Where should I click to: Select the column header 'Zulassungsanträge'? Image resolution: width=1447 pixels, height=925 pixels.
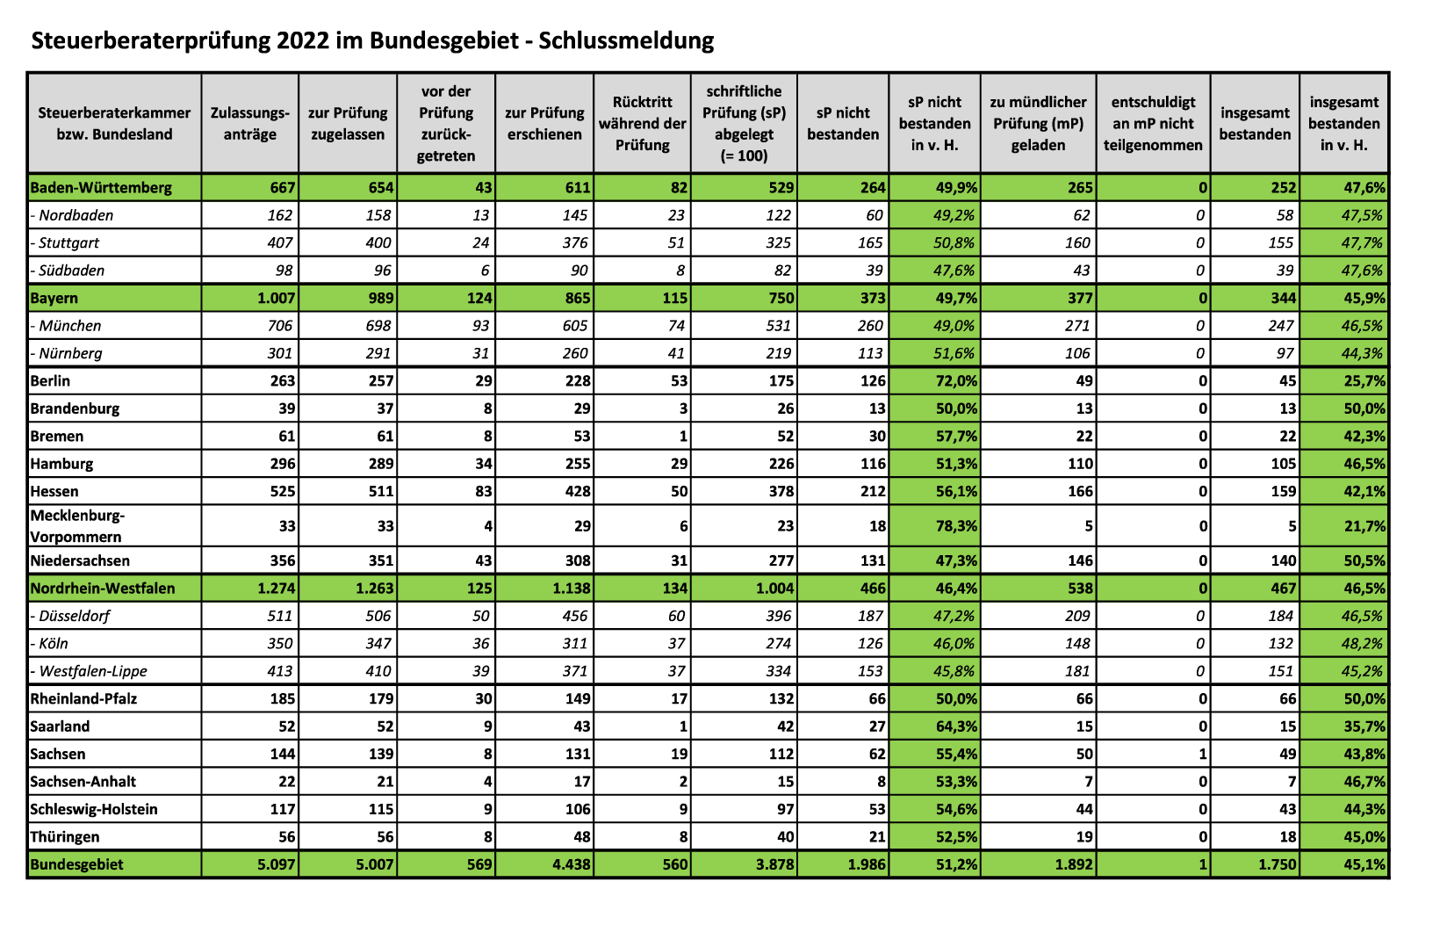[250, 123]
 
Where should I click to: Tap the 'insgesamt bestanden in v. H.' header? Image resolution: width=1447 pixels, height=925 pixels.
[1343, 123]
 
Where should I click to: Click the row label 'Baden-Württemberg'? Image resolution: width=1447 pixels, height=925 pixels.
[101, 187]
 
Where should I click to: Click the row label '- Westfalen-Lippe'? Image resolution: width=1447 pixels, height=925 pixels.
[89, 671]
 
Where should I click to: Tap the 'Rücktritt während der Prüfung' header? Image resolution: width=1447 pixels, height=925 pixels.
[643, 123]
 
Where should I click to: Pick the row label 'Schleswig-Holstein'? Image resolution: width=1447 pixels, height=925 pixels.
[94, 809]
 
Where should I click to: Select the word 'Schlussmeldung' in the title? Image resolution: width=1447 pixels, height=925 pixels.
[626, 40]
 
